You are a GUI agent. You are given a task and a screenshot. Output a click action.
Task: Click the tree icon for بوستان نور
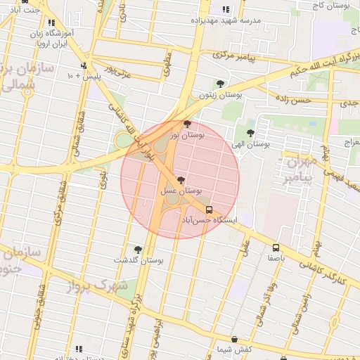click(186, 124)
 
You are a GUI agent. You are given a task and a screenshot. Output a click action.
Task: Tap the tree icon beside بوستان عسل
click(181, 180)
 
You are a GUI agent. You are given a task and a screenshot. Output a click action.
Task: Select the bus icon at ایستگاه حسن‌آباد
click(209, 210)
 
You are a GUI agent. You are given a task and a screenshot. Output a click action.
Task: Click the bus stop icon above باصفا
click(276, 247)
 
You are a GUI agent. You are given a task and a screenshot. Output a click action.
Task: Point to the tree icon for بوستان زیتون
click(220, 84)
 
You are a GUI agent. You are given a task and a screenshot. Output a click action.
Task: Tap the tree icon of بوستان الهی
click(251, 131)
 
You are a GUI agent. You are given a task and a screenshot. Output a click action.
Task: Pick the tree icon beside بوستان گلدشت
click(137, 250)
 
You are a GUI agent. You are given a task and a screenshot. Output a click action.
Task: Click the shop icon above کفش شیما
click(233, 340)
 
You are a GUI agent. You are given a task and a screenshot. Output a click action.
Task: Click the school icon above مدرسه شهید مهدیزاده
click(226, 10)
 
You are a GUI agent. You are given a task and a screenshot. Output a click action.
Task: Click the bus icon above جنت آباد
click(25, 1)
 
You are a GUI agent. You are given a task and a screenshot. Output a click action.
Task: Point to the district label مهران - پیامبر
click(300, 171)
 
